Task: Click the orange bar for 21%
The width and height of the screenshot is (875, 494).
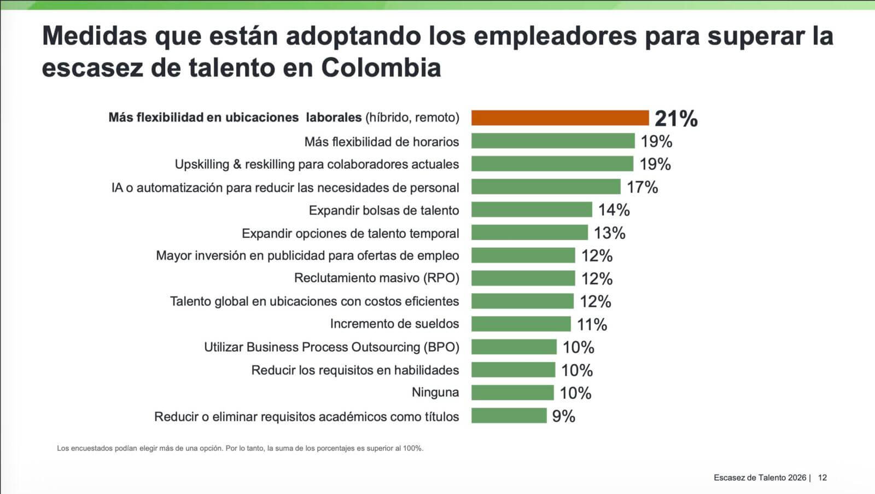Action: (x=560, y=118)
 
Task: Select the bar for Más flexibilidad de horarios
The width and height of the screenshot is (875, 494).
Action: (x=553, y=141)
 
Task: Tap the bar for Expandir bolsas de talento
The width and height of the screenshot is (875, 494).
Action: (x=532, y=210)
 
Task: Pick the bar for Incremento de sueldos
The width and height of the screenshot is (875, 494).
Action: (x=521, y=324)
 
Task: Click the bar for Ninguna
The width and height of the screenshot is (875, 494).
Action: (x=512, y=392)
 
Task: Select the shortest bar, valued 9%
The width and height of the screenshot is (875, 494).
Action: (x=509, y=416)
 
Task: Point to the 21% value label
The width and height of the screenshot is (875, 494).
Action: (x=676, y=118)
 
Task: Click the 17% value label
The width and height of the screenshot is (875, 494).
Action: (x=642, y=187)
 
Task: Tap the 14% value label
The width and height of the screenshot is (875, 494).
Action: (x=614, y=210)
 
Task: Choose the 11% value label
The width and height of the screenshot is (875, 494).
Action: (x=592, y=324)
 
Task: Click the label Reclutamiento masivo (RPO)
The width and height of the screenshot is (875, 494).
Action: (x=377, y=278)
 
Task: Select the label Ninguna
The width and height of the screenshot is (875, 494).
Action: (x=435, y=392)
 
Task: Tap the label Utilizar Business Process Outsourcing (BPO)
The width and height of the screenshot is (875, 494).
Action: (x=331, y=347)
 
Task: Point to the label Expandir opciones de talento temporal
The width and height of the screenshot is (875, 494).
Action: (x=351, y=233)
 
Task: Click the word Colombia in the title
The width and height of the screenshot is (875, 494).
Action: (x=381, y=68)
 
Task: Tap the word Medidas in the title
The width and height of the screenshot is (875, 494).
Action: (x=95, y=36)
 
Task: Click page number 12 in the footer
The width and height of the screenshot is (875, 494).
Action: (x=822, y=478)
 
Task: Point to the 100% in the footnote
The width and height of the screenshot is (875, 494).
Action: (x=412, y=448)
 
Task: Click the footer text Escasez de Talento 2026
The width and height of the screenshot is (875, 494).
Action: (x=760, y=478)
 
